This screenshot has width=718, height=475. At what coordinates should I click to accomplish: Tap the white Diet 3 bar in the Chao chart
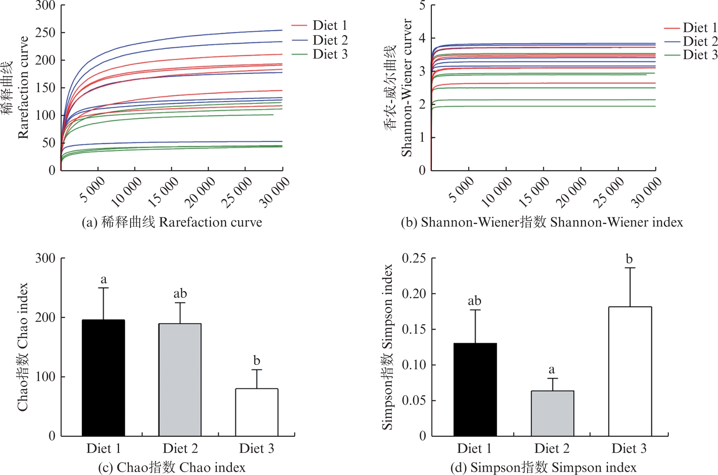257,412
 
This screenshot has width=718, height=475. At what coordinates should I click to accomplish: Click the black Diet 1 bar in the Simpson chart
475,389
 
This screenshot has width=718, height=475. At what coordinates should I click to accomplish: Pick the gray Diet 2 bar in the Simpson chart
552,413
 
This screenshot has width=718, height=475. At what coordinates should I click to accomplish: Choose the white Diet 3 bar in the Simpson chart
630,371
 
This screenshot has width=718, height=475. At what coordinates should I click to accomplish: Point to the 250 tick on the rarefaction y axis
45,32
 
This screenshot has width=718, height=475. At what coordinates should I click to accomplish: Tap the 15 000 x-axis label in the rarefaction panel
163,191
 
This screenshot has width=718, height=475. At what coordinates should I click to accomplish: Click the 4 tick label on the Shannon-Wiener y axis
422,38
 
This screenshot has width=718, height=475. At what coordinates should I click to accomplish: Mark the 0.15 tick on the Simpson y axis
413,329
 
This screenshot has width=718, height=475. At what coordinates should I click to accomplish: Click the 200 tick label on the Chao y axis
45,317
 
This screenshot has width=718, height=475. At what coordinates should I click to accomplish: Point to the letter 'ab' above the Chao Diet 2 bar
180,293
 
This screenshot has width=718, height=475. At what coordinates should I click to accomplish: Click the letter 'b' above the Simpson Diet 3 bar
629,259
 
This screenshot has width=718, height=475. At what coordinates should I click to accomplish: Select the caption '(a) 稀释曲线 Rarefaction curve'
172,222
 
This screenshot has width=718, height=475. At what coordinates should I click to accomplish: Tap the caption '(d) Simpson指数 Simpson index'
543,467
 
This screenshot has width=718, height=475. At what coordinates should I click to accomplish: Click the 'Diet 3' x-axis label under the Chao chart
257,448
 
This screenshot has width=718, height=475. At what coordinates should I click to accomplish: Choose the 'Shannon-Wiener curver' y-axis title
406,88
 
